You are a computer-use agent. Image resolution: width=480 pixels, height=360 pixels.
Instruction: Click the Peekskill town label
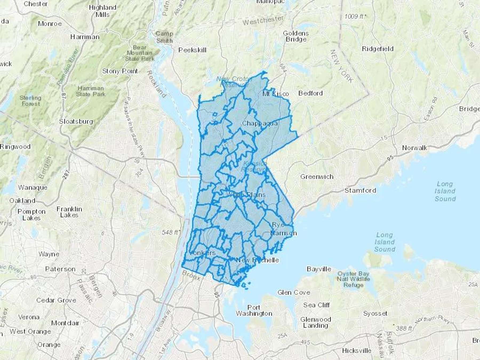192,50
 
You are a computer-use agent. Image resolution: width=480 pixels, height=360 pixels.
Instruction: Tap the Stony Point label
120,71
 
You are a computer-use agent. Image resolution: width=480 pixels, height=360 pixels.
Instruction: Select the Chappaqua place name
260,123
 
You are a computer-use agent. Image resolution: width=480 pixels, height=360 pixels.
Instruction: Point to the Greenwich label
317,177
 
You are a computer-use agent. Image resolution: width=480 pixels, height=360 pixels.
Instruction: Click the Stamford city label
360,191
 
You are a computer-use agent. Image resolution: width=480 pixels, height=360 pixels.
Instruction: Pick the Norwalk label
414,148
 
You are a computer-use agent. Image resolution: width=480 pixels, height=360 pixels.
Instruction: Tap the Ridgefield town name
378,49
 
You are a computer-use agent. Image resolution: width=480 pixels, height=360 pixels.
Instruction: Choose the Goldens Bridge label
296,37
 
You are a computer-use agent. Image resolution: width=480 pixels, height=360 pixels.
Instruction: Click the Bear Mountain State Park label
140,53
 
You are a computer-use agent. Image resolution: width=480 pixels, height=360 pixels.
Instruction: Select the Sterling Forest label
30,101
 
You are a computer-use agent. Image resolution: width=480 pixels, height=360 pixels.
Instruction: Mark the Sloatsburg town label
76,122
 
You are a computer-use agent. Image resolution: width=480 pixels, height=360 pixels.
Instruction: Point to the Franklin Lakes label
69,212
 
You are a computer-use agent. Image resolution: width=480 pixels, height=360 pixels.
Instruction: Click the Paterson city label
60,269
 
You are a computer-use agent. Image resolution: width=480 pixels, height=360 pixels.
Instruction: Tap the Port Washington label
254,311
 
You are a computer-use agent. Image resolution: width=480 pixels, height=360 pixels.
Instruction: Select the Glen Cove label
294,293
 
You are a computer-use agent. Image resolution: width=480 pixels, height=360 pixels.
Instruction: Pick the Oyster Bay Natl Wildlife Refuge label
353,279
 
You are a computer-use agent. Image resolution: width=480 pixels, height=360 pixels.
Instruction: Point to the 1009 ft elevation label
354,17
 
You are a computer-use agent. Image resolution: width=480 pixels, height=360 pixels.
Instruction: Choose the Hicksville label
357,350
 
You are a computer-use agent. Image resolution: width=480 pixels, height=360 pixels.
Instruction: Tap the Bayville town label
319,269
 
